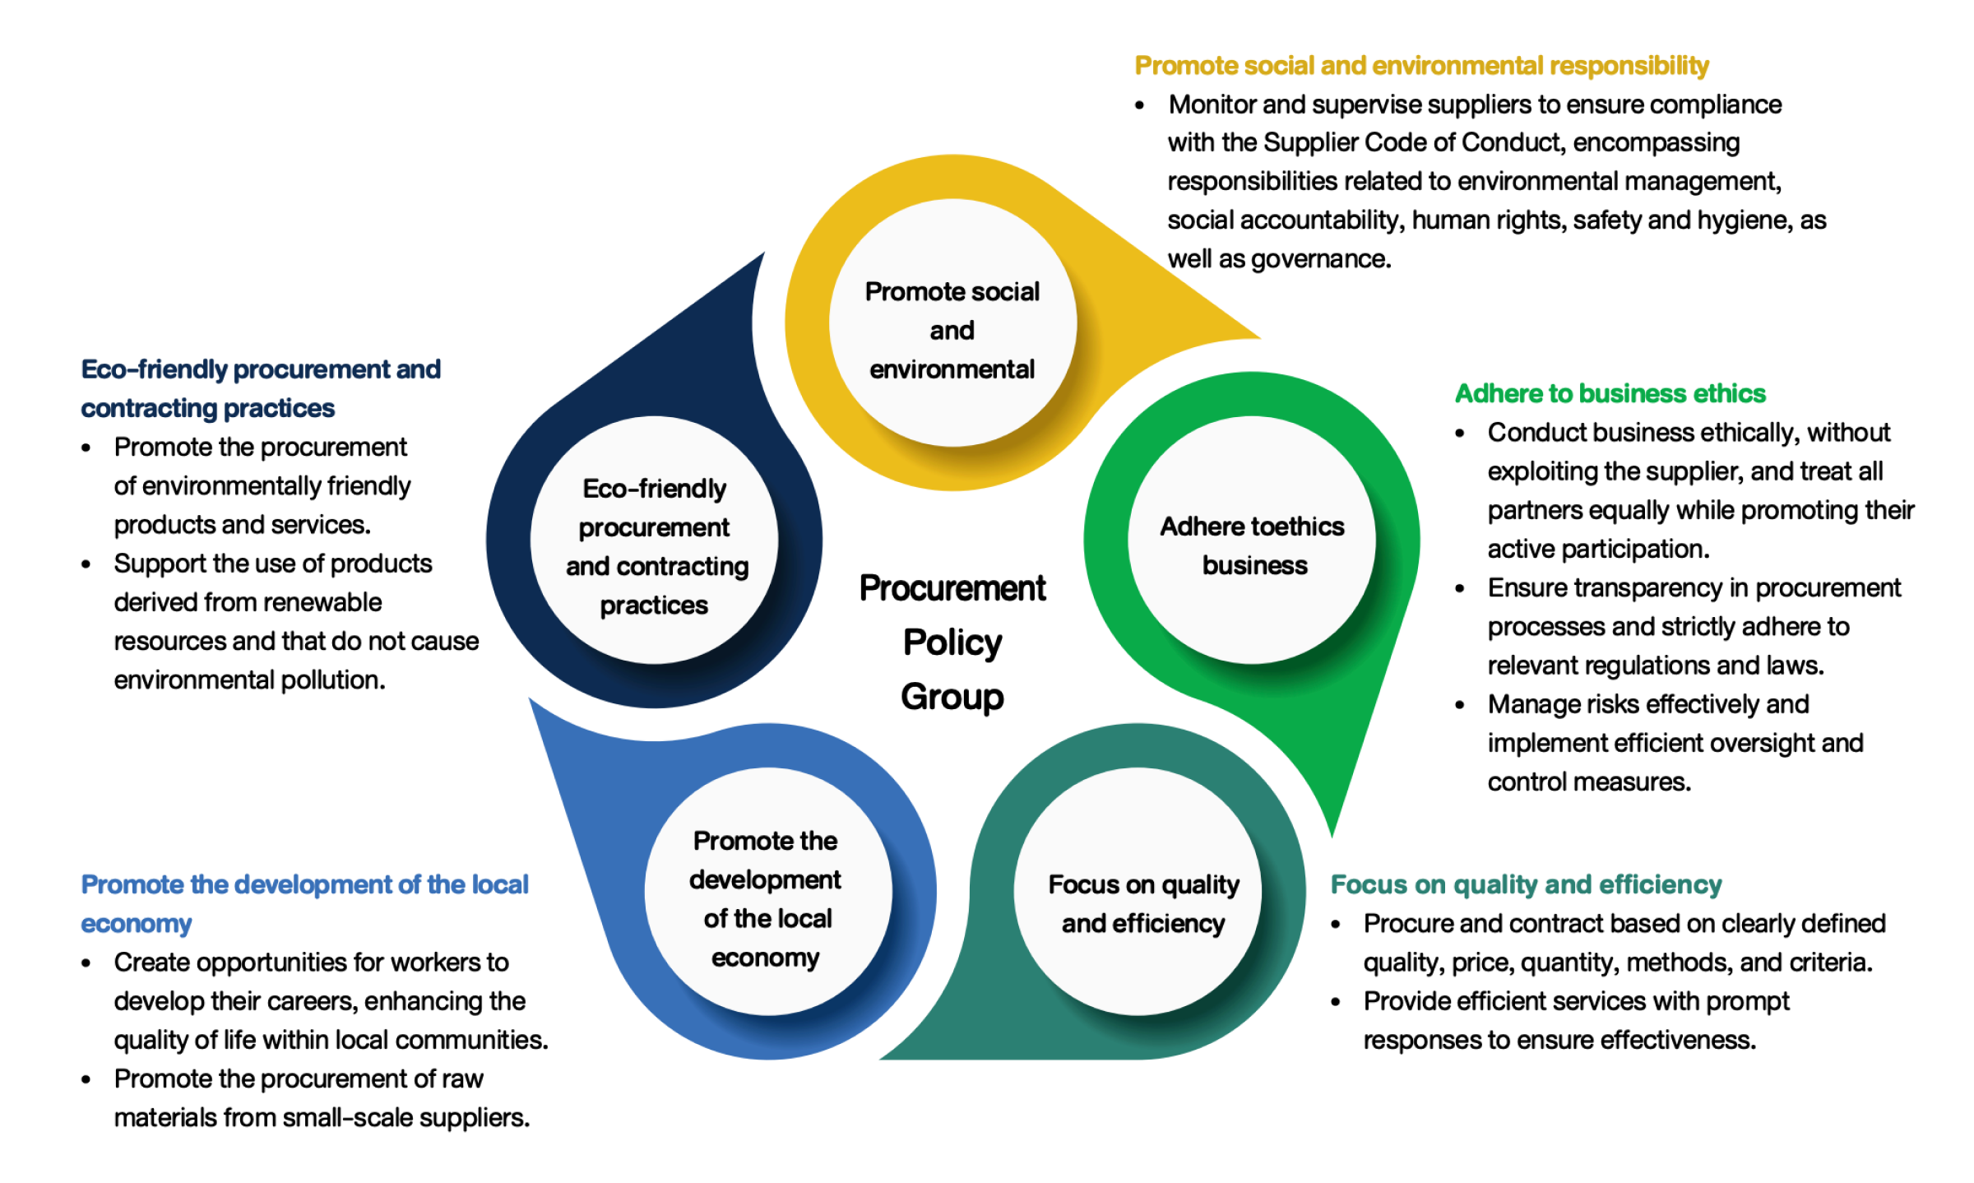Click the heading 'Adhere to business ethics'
click(1610, 393)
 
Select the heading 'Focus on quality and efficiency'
click(1526, 884)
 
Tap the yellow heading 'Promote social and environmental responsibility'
click(1421, 66)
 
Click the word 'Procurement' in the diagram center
click(952, 588)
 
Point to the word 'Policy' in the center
click(952, 643)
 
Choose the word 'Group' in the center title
click(952, 697)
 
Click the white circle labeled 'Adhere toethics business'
click(1251, 540)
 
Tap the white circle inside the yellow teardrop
click(952, 323)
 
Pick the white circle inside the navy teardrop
click(654, 540)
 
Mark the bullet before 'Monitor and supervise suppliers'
click(1140, 105)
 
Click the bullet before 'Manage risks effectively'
click(1460, 705)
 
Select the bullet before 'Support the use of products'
click(86, 564)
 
